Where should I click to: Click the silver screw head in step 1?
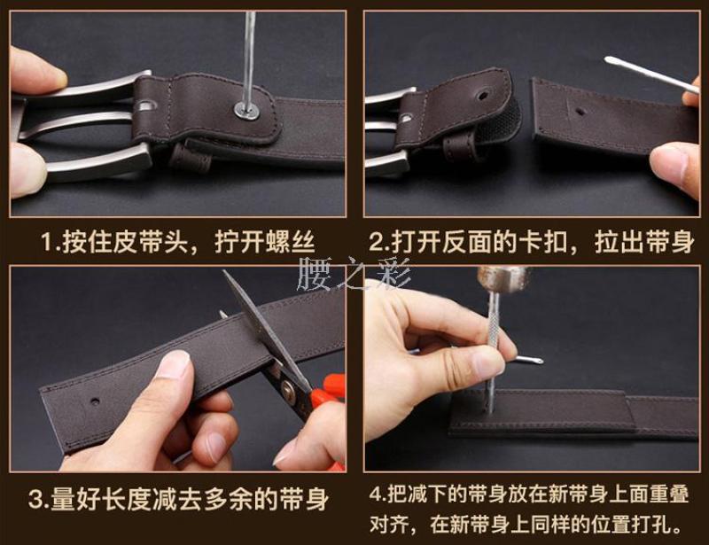coord(247,111)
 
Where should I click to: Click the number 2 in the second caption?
coord(376,243)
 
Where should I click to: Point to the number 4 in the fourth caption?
coord(376,494)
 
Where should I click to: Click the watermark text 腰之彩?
coord(353,274)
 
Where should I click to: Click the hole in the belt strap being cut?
coord(95,401)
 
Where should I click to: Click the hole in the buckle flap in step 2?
coord(482,96)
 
